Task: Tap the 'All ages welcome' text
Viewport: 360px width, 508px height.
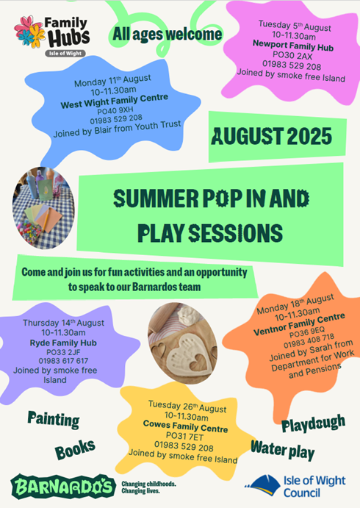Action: tap(167, 35)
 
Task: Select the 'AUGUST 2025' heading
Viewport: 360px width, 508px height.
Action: tap(272, 136)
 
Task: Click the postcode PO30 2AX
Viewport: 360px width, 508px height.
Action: tap(292, 56)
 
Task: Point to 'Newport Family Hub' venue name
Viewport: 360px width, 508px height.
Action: tap(293, 46)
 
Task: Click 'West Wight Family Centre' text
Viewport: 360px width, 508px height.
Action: tap(115, 101)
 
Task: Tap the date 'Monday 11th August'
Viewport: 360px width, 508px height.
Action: tap(112, 81)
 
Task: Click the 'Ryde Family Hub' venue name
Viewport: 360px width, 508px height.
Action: tap(63, 343)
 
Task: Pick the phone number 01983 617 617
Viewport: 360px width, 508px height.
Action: tap(63, 361)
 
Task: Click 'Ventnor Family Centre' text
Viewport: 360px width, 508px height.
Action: tap(299, 325)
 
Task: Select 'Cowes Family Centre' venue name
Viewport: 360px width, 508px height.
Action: tap(185, 426)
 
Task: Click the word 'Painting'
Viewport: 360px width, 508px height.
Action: tap(54, 420)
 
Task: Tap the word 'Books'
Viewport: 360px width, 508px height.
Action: tap(75, 449)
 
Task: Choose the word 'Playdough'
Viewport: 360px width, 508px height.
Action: tap(314, 423)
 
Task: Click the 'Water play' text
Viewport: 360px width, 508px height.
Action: tap(283, 450)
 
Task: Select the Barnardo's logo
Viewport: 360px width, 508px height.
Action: tap(63, 486)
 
